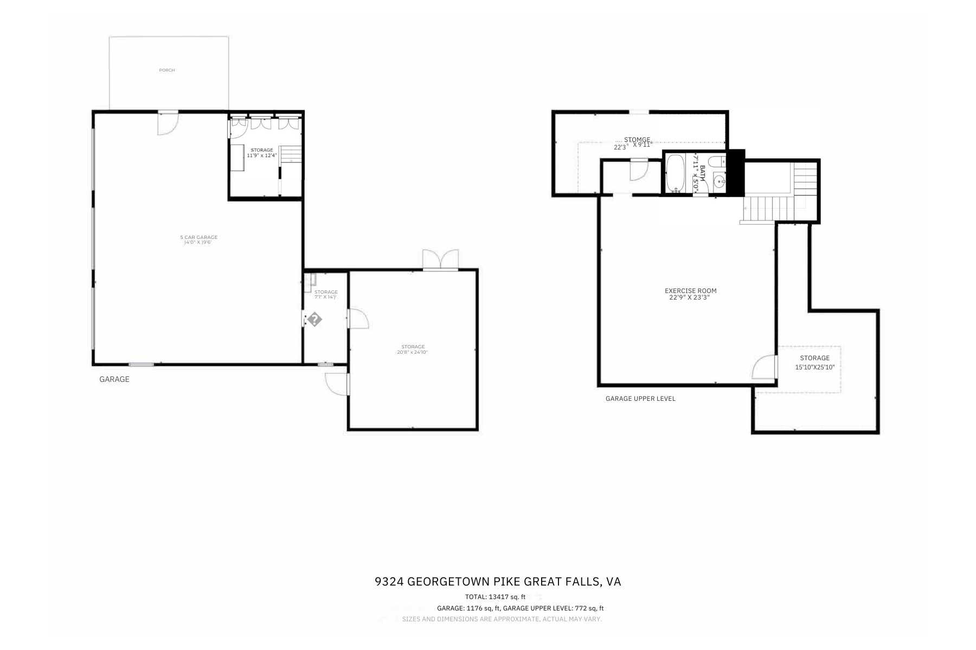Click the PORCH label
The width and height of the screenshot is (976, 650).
pos(167,70)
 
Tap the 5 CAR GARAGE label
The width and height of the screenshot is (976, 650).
pos(198,237)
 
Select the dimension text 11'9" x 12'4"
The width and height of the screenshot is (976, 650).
pos(262,155)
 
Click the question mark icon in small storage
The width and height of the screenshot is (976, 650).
pos(314,320)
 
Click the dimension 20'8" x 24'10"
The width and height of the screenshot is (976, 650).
pos(413,353)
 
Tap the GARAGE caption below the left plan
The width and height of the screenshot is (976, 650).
pos(114,379)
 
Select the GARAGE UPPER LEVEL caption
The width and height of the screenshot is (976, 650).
pos(640,399)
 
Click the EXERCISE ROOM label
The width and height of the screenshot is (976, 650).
pos(690,291)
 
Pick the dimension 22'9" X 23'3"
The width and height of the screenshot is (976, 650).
pos(689,297)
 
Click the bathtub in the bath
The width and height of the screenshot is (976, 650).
pos(675,174)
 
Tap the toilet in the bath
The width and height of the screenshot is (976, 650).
pos(717,161)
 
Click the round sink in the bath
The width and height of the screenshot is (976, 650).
pos(719,181)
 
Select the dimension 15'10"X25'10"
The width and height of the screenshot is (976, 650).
pos(814,367)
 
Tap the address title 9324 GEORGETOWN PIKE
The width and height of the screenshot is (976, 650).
pos(498,582)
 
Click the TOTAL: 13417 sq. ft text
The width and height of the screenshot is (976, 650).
pos(495,597)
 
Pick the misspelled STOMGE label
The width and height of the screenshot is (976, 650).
pos(637,140)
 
